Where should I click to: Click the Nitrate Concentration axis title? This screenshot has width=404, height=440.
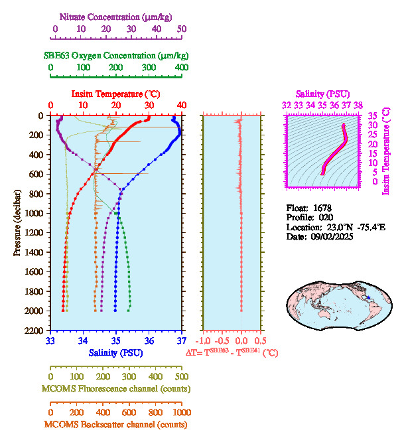(117, 16)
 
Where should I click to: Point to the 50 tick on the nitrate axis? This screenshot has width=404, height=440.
(181, 29)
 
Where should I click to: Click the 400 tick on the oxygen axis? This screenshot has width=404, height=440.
(181, 68)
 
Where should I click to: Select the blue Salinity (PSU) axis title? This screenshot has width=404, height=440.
(117, 353)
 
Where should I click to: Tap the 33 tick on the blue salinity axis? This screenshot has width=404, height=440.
(50, 341)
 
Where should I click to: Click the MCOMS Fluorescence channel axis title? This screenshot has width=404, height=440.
(117, 388)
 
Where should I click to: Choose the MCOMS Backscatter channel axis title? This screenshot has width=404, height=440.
(117, 425)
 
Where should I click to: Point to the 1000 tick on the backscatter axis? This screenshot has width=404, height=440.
(181, 413)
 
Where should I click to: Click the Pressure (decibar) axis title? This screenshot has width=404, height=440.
(17, 223)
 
